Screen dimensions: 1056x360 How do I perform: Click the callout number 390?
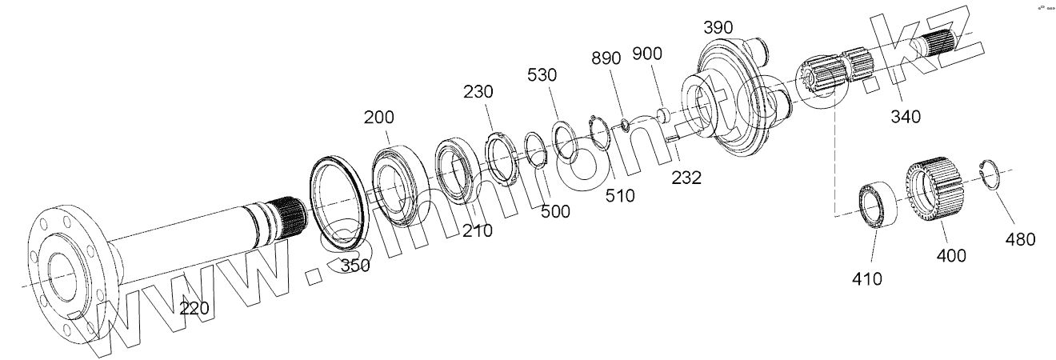point(718,28)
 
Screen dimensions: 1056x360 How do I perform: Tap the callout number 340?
point(906,116)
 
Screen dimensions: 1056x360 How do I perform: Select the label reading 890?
point(606,58)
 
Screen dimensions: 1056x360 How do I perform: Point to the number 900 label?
point(646,54)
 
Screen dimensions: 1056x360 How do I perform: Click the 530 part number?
point(542,74)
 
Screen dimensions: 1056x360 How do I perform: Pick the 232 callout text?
point(686,178)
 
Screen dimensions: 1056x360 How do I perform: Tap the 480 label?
point(1020,239)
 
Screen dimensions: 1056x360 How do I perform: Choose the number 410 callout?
point(867,279)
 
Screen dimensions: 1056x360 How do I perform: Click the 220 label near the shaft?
point(194,308)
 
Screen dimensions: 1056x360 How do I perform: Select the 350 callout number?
point(355,266)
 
